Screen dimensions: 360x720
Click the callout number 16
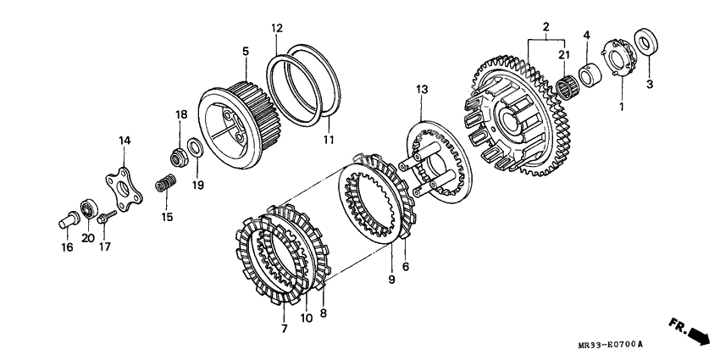click(x=66, y=247)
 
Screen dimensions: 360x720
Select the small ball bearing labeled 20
click(x=87, y=209)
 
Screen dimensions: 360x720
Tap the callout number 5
click(x=246, y=52)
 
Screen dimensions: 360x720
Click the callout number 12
click(x=276, y=29)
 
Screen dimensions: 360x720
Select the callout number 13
click(x=422, y=88)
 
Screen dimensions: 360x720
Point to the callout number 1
click(x=620, y=108)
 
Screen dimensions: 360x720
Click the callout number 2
click(x=546, y=26)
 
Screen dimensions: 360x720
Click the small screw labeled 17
click(x=105, y=219)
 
